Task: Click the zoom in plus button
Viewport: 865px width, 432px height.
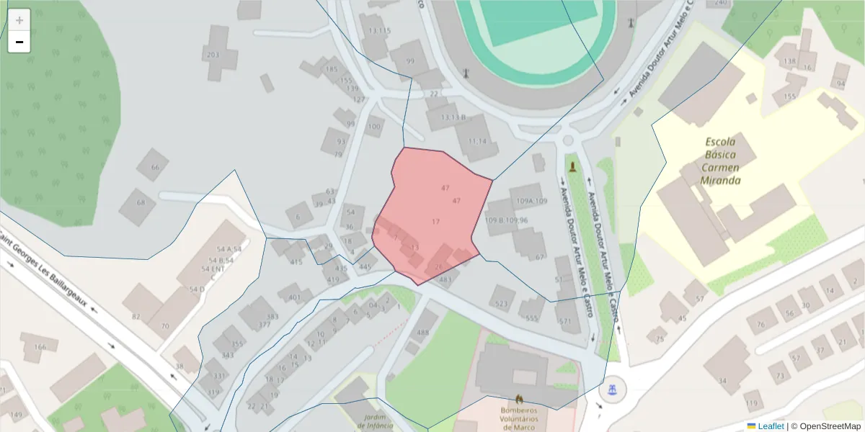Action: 19,20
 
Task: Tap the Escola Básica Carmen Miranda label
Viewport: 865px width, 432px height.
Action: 720,161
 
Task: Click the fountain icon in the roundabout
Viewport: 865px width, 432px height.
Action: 612,390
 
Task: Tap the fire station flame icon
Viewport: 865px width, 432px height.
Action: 518,398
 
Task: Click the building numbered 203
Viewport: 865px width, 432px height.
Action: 213,55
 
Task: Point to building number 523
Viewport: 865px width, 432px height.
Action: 502,304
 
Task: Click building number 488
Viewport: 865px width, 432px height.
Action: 422,332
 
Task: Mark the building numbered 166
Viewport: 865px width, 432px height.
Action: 40,347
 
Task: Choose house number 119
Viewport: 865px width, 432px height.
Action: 753,402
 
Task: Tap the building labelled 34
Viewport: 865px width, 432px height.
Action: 723,380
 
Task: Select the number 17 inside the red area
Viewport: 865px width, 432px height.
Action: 435,222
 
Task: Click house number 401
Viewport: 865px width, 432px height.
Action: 293,297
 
